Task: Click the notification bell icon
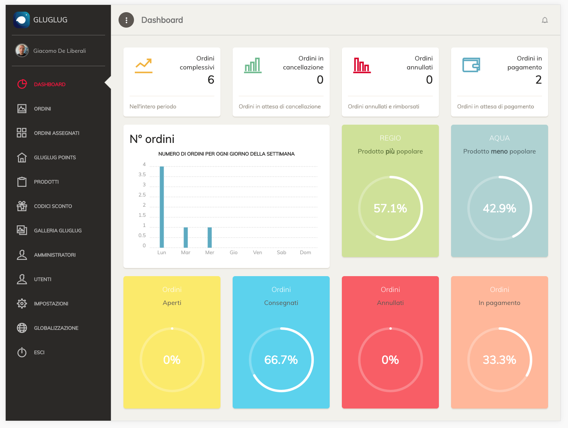click(545, 20)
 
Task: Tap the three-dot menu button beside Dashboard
click(126, 20)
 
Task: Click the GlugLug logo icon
click(22, 19)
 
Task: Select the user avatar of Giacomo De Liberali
click(22, 50)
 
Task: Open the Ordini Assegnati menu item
click(56, 133)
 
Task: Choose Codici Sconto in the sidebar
click(53, 206)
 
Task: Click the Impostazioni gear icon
click(22, 303)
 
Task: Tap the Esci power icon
click(22, 352)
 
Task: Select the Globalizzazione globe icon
click(22, 328)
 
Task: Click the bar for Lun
click(162, 207)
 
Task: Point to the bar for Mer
click(209, 238)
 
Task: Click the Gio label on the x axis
click(233, 253)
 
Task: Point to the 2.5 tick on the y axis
click(142, 195)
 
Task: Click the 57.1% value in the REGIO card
click(390, 208)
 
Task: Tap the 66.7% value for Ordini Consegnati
click(281, 360)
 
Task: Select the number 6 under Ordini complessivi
click(211, 80)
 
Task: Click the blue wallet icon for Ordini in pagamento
click(471, 65)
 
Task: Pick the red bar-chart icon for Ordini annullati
click(362, 65)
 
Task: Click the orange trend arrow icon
click(144, 66)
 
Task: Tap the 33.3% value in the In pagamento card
click(499, 360)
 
